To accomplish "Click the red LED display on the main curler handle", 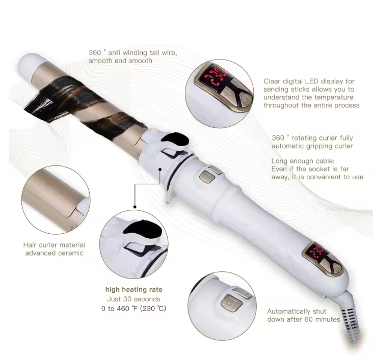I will point(316,252).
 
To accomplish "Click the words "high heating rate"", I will point(134,289).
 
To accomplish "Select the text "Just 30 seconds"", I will point(134,299).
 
